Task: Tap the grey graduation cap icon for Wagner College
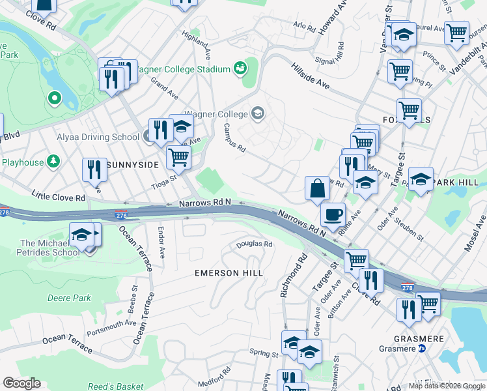258,114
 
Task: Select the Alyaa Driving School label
98,137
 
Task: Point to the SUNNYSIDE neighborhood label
132,165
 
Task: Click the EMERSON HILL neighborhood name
229,273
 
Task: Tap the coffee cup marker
333,214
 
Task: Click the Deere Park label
69,298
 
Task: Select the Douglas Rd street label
254,244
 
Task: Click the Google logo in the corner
21,383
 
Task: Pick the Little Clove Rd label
59,196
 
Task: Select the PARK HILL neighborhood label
460,182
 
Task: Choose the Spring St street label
264,353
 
